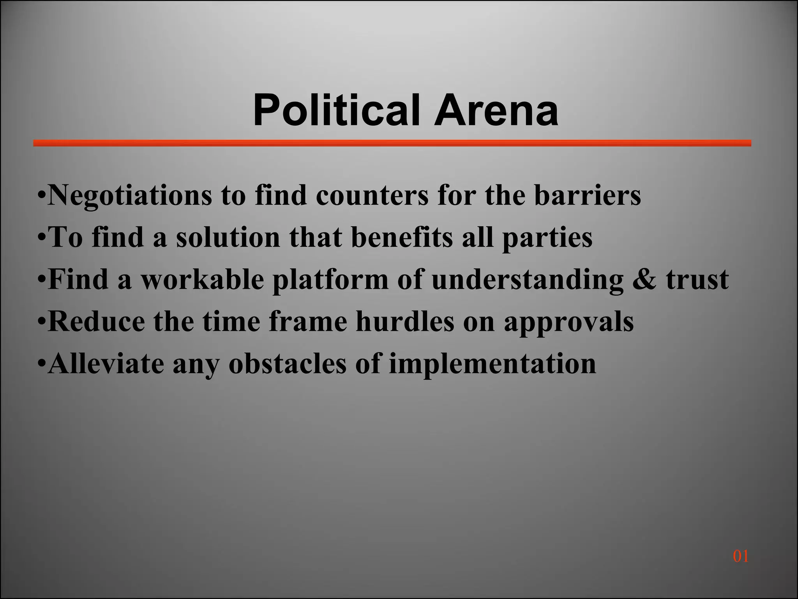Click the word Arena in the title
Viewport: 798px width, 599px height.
click(x=496, y=111)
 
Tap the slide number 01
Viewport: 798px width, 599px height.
click(x=740, y=556)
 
